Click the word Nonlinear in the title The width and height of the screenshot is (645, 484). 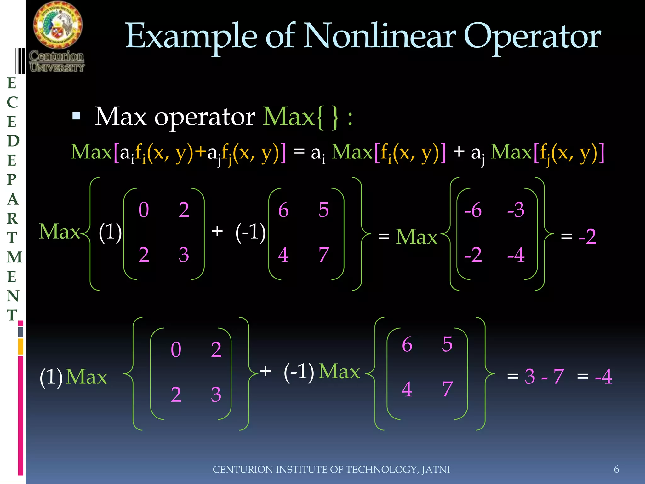coord(379,36)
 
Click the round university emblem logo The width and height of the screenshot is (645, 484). coord(58,25)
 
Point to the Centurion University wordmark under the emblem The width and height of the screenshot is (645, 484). coord(57,61)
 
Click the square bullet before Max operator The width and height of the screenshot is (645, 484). coord(76,116)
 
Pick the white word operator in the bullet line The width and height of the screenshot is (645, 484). coord(205,117)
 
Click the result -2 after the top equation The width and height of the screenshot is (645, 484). coord(587,237)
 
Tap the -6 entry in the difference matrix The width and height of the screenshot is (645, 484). coord(473,210)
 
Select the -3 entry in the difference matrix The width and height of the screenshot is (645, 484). coord(516,210)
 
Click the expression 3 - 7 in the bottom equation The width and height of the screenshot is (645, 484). coord(544,376)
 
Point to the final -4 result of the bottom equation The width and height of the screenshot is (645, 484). coord(603,376)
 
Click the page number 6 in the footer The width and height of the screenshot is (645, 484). coord(616,469)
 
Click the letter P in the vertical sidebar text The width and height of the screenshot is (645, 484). coord(12,180)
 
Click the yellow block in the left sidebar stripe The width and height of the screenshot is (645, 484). coord(21,347)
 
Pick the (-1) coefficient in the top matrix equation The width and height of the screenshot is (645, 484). coord(250,233)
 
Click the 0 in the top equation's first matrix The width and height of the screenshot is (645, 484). coord(144,210)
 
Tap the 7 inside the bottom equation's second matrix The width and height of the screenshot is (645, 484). coord(447,389)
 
